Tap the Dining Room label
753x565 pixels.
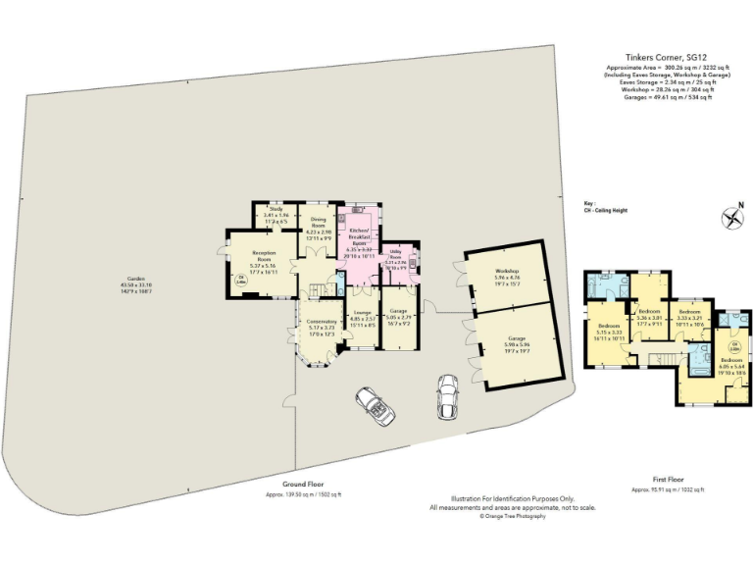click(x=318, y=226)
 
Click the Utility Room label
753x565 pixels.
click(x=395, y=260)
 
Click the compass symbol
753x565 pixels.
click(x=730, y=219)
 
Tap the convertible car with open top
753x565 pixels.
click(x=373, y=403)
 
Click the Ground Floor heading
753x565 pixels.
click(x=304, y=486)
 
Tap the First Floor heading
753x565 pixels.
click(x=672, y=481)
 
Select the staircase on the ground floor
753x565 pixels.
click(x=319, y=290)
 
